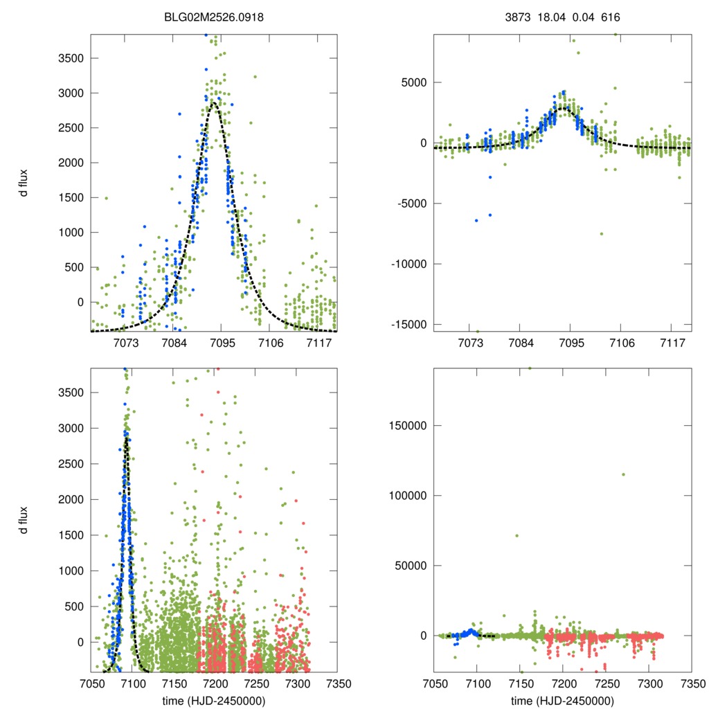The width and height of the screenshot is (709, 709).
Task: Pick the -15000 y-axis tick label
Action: click(x=409, y=325)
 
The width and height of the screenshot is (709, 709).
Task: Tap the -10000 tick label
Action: click(x=409, y=264)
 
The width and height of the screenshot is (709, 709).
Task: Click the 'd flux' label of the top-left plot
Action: click(x=24, y=183)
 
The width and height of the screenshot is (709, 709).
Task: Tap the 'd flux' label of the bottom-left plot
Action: click(x=24, y=520)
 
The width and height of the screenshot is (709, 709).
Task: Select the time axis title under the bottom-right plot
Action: click(x=562, y=700)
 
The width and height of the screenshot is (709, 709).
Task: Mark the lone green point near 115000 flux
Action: click(x=623, y=474)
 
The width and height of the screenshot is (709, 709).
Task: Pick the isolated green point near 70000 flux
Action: click(x=517, y=535)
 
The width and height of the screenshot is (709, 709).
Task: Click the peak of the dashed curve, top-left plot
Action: click(x=214, y=102)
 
